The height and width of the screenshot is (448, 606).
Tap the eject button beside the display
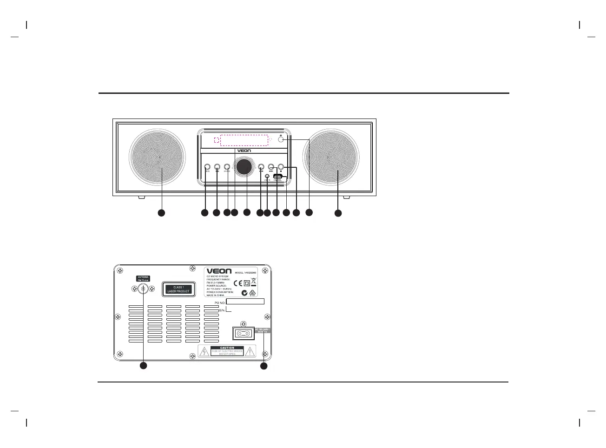tap(281, 139)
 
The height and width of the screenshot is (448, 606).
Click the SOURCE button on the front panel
tap(227, 166)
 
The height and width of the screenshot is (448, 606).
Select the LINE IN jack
tap(267, 176)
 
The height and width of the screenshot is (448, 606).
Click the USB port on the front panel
tap(277, 177)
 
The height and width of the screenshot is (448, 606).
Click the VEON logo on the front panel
tap(244, 151)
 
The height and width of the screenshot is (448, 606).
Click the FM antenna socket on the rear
tap(143, 289)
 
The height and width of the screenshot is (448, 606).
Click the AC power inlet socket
tap(242, 333)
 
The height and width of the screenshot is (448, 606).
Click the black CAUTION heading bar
tap(227, 348)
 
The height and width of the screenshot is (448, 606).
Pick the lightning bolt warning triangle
tap(204, 352)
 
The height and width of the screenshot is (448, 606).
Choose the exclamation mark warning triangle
tap(250, 352)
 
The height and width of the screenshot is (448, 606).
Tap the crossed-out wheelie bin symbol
tap(254, 281)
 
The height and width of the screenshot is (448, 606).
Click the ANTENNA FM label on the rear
tap(143, 278)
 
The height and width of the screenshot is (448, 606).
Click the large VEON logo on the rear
tap(218, 271)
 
